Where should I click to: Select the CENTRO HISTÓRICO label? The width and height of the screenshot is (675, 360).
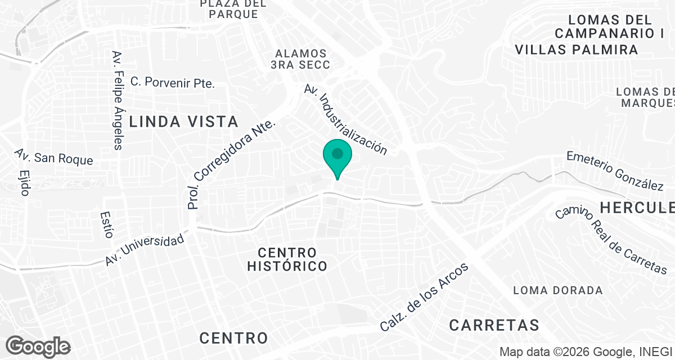(287, 259)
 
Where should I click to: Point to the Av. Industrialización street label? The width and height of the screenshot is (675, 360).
(345, 120)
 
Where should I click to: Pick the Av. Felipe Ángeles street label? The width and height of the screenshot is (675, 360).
(117, 100)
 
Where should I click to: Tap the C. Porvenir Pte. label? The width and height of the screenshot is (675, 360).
(173, 82)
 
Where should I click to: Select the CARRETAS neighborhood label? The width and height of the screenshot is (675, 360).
(494, 325)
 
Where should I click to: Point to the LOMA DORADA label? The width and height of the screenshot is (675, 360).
(558, 291)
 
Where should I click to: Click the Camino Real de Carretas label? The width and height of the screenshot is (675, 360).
(610, 240)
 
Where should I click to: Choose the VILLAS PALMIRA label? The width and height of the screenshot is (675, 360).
(577, 50)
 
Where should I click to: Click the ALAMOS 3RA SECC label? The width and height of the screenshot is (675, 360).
(300, 59)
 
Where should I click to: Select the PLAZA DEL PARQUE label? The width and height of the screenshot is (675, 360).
(233, 9)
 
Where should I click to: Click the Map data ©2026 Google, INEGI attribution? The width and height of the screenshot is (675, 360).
(586, 352)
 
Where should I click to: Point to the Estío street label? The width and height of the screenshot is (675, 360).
(106, 225)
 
